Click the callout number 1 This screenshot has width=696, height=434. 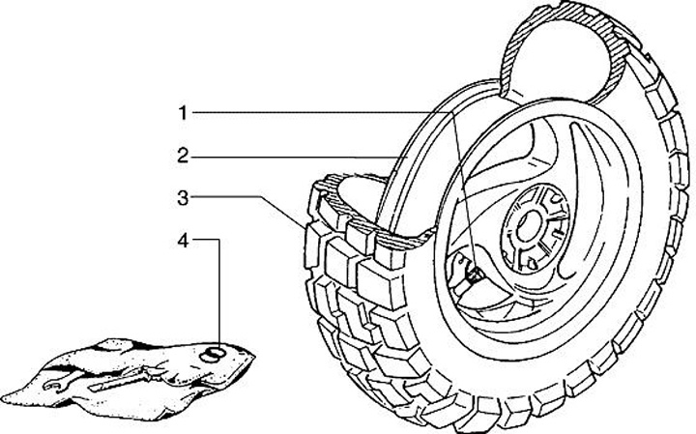(182, 113)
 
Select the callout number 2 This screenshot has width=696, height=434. (182, 155)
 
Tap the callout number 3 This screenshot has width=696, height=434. (182, 198)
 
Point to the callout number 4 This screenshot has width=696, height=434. (182, 241)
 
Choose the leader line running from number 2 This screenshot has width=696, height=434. (290, 155)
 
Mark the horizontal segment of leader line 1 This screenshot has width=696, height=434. (319, 113)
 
